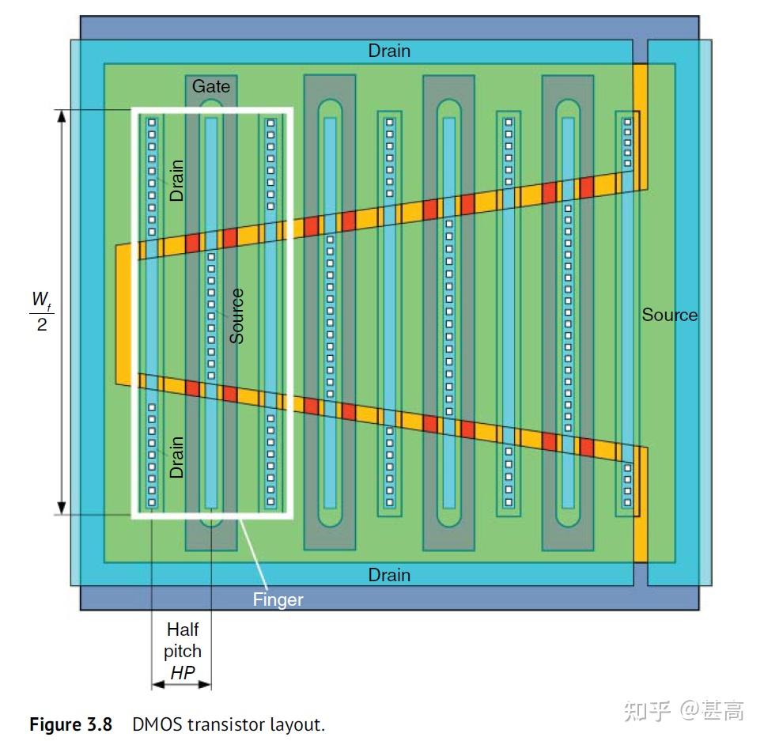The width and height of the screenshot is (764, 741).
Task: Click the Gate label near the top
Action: pyautogui.click(x=210, y=85)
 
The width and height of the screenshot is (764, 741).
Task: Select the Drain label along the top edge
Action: pyautogui.click(x=389, y=51)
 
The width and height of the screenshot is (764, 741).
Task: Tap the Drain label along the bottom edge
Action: pyautogui.click(x=389, y=574)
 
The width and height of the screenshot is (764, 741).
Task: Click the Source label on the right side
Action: pyautogui.click(x=669, y=315)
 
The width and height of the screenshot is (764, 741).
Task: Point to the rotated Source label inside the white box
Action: pyautogui.click(x=236, y=316)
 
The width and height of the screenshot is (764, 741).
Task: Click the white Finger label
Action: pyautogui.click(x=278, y=599)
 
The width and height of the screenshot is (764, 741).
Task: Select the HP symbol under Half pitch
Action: pyautogui.click(x=182, y=674)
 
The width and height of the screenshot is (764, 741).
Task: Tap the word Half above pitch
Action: pyautogui.click(x=183, y=629)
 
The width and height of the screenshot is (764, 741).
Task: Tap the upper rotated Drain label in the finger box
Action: pyautogui.click(x=176, y=180)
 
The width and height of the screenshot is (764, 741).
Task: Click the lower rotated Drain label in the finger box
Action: pyautogui.click(x=176, y=456)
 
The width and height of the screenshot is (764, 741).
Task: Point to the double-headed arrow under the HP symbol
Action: pyautogui.click(x=182, y=685)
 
